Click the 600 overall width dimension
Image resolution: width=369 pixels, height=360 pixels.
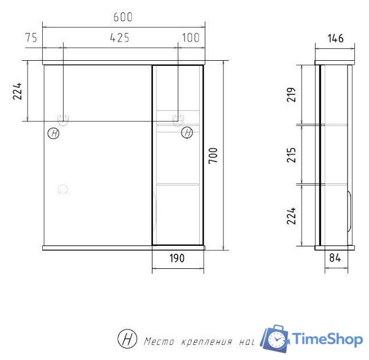pyautogui.click(x=123, y=17)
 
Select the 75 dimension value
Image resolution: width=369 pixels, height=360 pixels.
pyautogui.click(x=31, y=38)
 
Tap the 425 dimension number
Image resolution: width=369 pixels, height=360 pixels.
pyautogui.click(x=120, y=38)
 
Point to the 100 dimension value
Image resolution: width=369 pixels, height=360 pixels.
pyautogui.click(x=191, y=38)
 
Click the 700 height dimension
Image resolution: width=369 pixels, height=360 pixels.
pyautogui.click(x=214, y=156)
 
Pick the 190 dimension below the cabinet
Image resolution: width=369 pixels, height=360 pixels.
pyautogui.click(x=177, y=258)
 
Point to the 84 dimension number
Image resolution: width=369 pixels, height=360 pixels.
pyautogui.click(x=336, y=258)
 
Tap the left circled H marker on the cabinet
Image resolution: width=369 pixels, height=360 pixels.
pyautogui.click(x=53, y=133)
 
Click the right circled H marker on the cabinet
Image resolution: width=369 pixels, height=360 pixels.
pyautogui.click(x=187, y=133)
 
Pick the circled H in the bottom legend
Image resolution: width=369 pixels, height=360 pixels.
pyautogui.click(x=127, y=339)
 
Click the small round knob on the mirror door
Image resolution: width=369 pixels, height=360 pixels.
pyautogui.click(x=63, y=190)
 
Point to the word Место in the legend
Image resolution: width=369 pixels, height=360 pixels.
pyautogui.click(x=159, y=341)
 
